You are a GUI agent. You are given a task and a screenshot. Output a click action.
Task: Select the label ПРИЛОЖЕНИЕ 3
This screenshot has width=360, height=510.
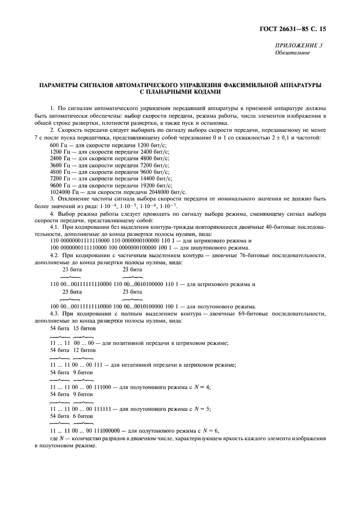click(x=299, y=45)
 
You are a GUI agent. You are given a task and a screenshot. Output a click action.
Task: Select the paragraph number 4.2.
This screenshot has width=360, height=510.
click(x=55, y=256)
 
